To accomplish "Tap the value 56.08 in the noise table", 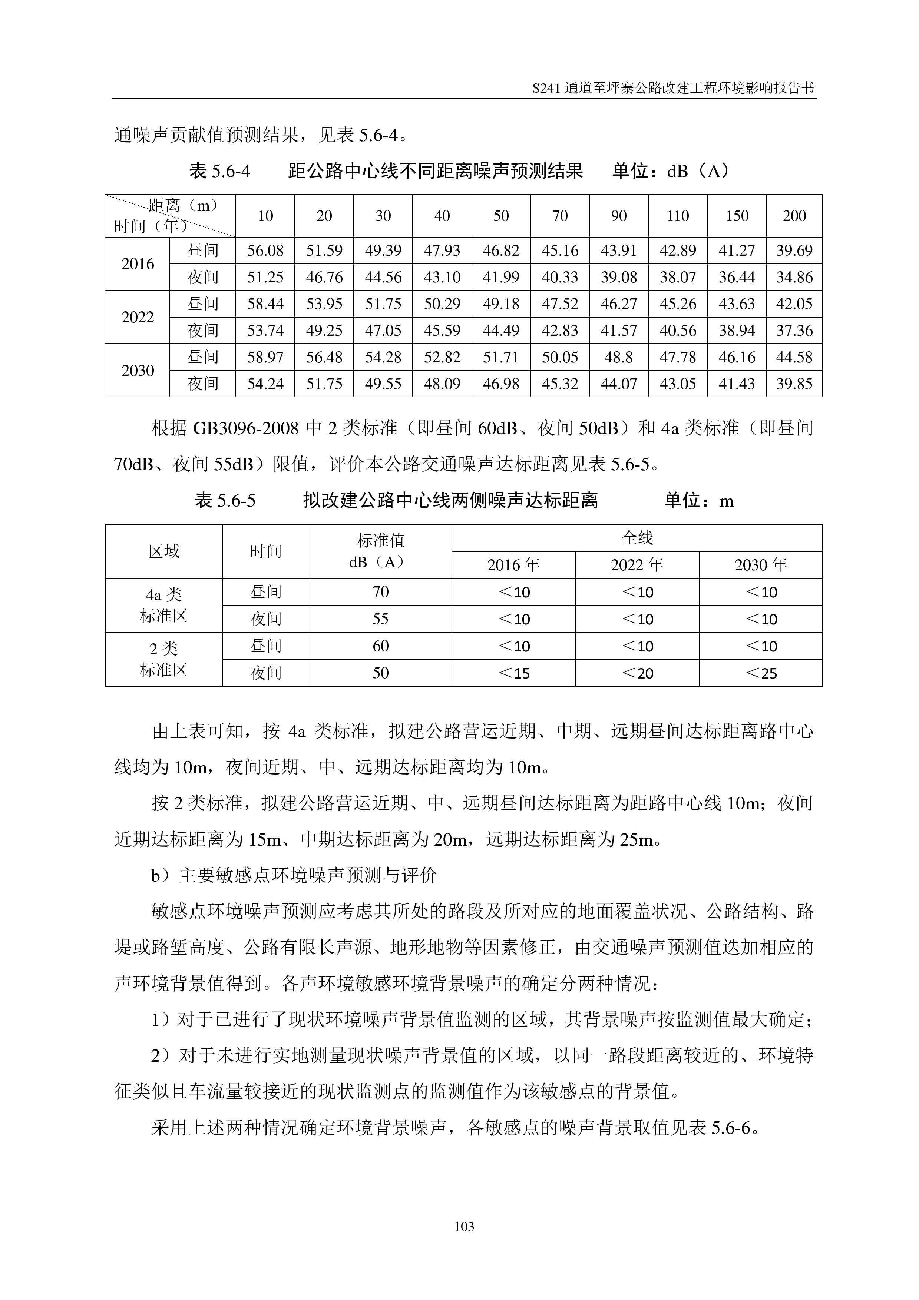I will click(265, 250).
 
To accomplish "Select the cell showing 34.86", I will click(794, 277).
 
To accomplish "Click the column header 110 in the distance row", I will click(677, 216).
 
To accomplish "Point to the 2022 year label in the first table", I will click(138, 317).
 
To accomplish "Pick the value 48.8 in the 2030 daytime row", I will click(618, 357).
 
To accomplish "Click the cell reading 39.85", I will click(794, 384).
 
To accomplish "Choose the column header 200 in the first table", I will click(794, 216).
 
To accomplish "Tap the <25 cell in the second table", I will click(760, 673).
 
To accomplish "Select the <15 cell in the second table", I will click(513, 673).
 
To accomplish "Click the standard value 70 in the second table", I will click(380, 592).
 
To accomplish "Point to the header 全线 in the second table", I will click(637, 537).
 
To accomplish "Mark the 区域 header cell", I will click(163, 551).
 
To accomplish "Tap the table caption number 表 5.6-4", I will click(220, 170).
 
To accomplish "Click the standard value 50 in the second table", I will click(380, 673).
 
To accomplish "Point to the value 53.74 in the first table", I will click(265, 331).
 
